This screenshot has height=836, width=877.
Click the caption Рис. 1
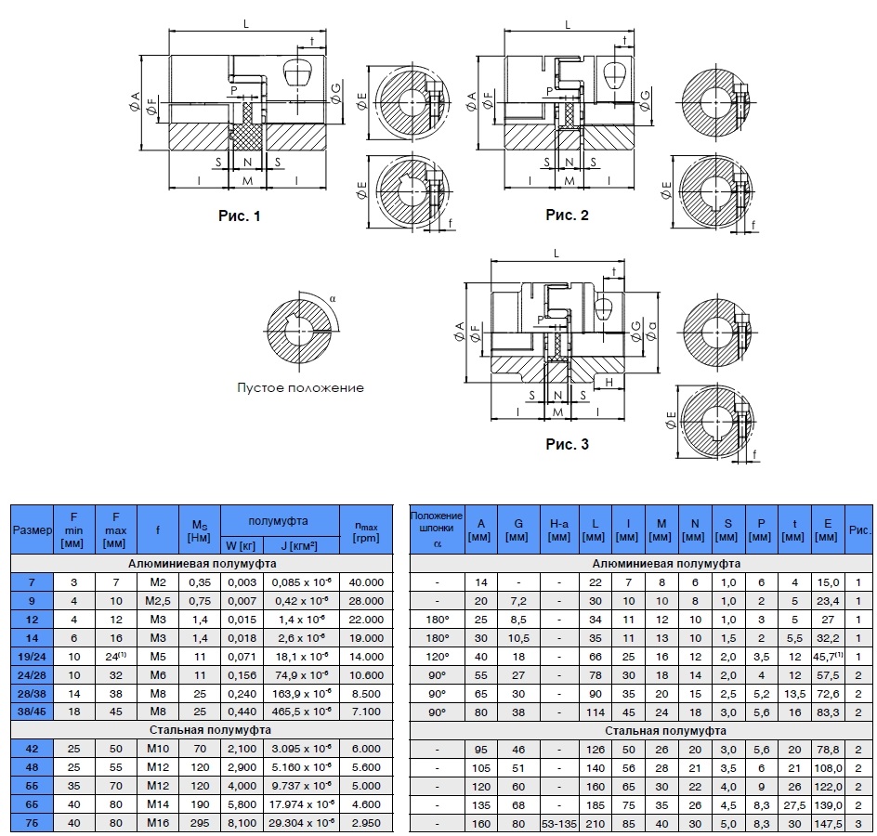click(x=240, y=216)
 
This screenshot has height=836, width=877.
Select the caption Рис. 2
click(x=567, y=215)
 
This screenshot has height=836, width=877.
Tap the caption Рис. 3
click(x=567, y=444)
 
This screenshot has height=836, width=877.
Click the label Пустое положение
click(x=300, y=387)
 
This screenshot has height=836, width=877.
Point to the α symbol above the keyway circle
click(x=333, y=298)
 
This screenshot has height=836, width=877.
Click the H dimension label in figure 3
click(x=609, y=383)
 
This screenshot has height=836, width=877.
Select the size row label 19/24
click(x=32, y=657)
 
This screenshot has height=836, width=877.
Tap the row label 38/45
click(x=32, y=712)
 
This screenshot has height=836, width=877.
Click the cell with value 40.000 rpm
click(x=366, y=582)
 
